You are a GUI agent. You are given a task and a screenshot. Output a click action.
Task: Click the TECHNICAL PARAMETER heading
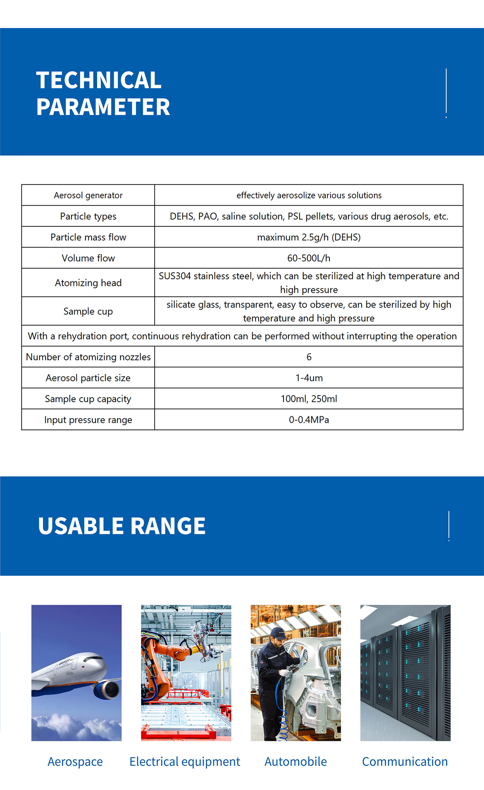(103, 93)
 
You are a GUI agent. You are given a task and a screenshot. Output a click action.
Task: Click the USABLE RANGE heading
(122, 526)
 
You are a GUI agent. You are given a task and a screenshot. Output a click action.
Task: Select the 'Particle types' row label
(88, 216)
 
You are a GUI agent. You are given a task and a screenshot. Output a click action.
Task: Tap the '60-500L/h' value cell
(309, 258)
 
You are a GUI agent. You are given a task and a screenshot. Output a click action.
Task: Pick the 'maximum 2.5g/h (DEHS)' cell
(309, 237)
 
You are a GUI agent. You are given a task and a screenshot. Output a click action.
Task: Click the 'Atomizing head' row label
(88, 283)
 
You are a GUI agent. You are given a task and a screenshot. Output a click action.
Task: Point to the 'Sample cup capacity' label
(88, 399)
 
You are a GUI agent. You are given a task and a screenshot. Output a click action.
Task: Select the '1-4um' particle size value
(309, 378)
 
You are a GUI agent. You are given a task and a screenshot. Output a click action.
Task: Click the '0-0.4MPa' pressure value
(309, 420)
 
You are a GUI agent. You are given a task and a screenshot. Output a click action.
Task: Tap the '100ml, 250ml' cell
(309, 399)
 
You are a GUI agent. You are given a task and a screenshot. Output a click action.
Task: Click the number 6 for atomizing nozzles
(309, 357)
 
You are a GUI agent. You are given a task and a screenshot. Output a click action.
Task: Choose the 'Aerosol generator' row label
(88, 195)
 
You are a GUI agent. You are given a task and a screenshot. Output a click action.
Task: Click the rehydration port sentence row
(242, 336)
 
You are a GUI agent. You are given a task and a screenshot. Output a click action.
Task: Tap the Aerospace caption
(75, 762)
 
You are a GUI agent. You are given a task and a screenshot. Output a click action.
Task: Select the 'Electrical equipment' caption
(185, 762)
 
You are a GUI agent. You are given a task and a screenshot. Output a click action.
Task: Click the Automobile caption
(296, 762)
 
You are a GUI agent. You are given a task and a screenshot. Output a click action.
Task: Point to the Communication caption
(405, 762)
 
